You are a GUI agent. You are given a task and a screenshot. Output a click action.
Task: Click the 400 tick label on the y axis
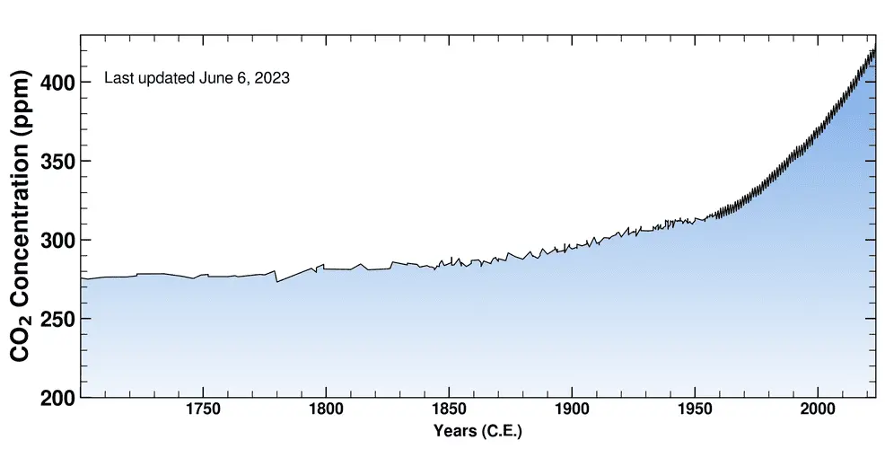pyautogui.click(x=57, y=83)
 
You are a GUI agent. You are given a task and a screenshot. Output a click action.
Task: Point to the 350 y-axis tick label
pyautogui.click(x=57, y=162)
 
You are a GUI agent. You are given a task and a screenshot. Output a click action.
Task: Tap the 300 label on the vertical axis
pyautogui.click(x=57, y=240)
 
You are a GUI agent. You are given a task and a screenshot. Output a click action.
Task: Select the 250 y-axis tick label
pyautogui.click(x=57, y=319)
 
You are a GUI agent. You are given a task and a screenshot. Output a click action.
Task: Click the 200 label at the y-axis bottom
pyautogui.click(x=57, y=397)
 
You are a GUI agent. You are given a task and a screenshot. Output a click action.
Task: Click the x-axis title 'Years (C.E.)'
pyautogui.click(x=477, y=432)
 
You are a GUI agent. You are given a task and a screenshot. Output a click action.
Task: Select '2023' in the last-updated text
pyautogui.click(x=271, y=78)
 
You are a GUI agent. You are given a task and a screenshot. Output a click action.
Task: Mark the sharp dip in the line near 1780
pyautogui.click(x=276, y=281)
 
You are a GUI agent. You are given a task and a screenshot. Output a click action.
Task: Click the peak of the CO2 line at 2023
pyautogui.click(x=873, y=50)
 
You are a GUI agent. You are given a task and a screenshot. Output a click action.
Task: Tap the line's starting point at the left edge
pyautogui.click(x=82, y=278)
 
